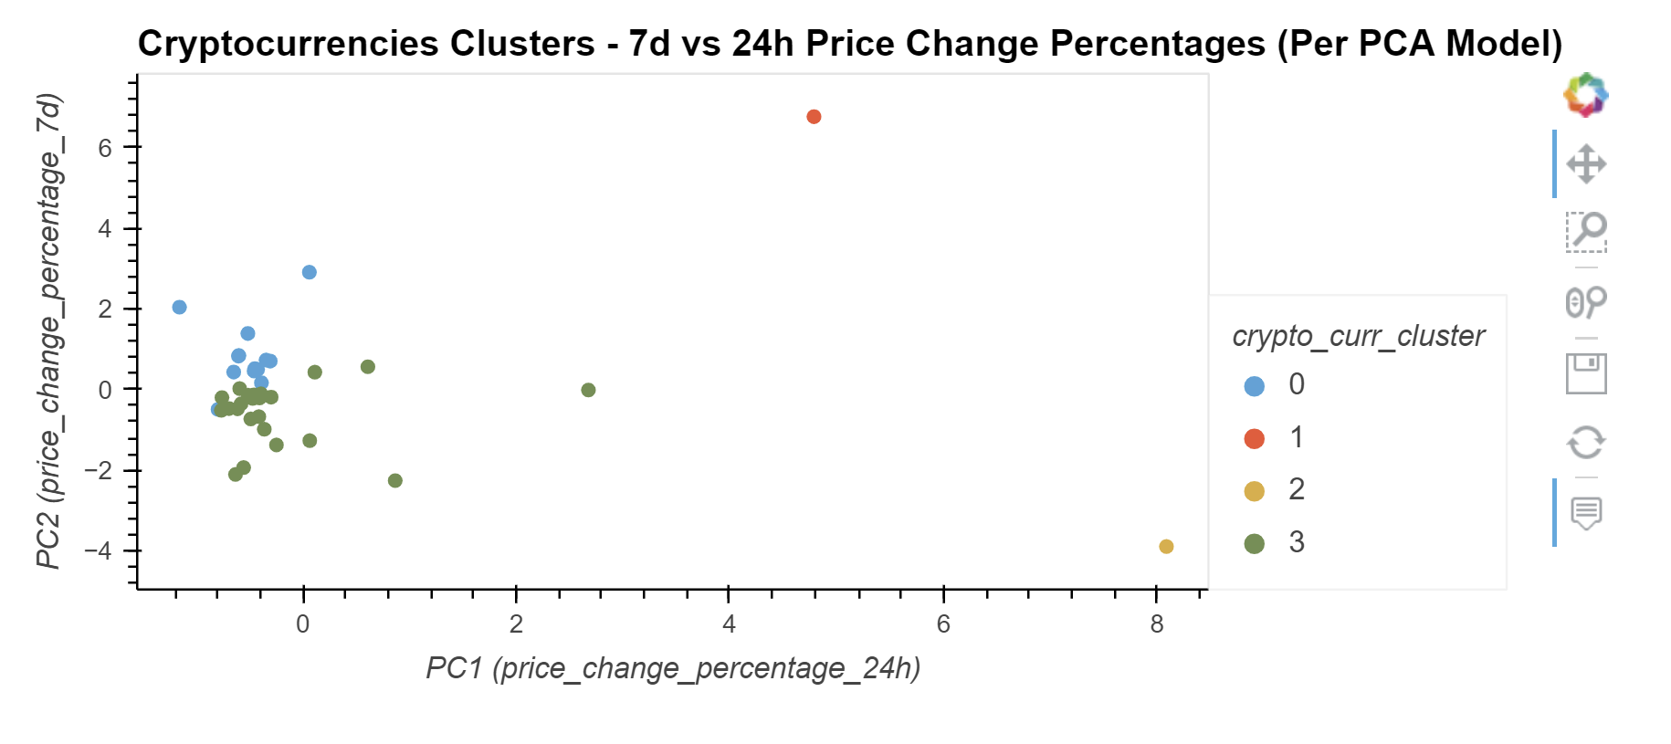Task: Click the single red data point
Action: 814,117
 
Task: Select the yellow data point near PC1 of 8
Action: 1166,547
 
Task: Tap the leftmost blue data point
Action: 180,308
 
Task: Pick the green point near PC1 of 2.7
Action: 588,390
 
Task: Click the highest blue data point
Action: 310,272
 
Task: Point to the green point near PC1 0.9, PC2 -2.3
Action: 395,481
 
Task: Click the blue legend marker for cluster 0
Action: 1255,386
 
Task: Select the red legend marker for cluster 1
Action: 1255,439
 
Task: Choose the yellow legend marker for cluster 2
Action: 1255,492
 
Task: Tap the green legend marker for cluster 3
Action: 1255,544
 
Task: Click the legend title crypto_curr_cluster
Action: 1358,336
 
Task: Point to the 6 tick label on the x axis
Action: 943,624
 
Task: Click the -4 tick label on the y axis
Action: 99,551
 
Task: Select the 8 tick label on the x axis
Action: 1157,624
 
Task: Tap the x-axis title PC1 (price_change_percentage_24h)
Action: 673,668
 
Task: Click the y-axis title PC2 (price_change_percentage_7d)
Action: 48,330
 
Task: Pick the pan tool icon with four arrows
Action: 1586,164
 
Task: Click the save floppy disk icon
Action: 1586,373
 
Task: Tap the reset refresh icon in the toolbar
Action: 1586,443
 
